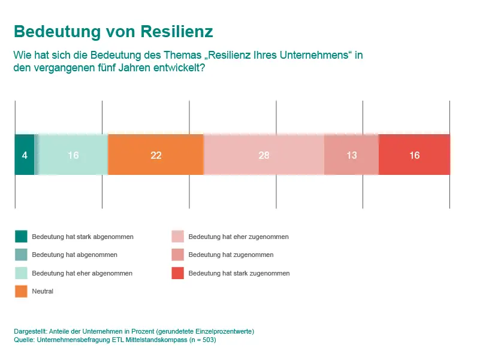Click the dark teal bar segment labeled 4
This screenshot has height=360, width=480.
(24, 155)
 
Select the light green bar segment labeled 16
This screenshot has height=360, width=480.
(73, 155)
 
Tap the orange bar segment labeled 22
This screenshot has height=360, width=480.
(156, 155)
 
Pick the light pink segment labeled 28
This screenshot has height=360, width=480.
(264, 155)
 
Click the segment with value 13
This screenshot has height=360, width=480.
(351, 155)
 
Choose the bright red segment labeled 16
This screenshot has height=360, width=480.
(414, 155)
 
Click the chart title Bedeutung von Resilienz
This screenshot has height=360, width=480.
(113, 31)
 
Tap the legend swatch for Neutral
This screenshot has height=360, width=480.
(21, 291)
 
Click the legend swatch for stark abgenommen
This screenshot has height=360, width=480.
(21, 237)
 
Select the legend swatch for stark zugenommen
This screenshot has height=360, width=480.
(177, 273)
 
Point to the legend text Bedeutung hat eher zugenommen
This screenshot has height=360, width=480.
(239, 237)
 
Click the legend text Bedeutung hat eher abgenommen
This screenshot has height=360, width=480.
(82, 273)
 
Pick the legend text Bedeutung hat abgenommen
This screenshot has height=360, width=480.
(74, 255)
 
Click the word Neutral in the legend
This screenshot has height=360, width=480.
(43, 291)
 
